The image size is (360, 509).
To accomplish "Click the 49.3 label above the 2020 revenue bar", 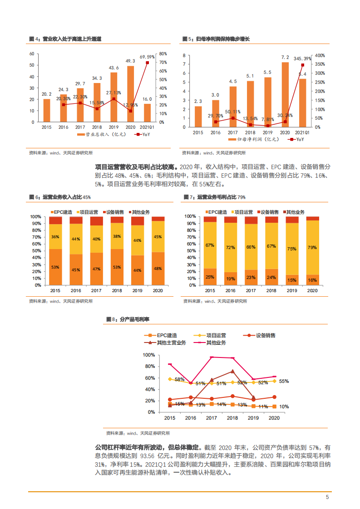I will click(x=130, y=61).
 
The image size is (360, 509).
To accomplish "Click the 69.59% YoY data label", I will click(x=147, y=57).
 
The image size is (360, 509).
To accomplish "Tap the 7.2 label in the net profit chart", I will click(x=285, y=58).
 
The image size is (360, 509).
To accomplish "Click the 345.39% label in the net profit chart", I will click(x=303, y=59).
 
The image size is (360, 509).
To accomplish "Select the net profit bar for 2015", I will click(x=198, y=117).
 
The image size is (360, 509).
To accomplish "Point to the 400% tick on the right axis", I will click(x=320, y=55).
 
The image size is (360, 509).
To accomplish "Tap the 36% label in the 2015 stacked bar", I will click(x=55, y=237).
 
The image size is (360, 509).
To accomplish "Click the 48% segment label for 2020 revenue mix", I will click(x=158, y=268).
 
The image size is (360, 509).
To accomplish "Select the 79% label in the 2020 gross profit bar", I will click(x=312, y=247).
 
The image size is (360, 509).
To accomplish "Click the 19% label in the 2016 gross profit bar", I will click(x=230, y=279).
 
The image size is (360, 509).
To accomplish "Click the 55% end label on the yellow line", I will click(x=284, y=381).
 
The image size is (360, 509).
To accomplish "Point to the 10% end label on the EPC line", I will click(x=284, y=407).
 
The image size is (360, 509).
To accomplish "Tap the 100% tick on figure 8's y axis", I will click(x=149, y=355).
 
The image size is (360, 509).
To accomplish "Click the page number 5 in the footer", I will click(x=327, y=497).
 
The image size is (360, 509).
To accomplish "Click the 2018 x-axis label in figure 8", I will click(x=232, y=418).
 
